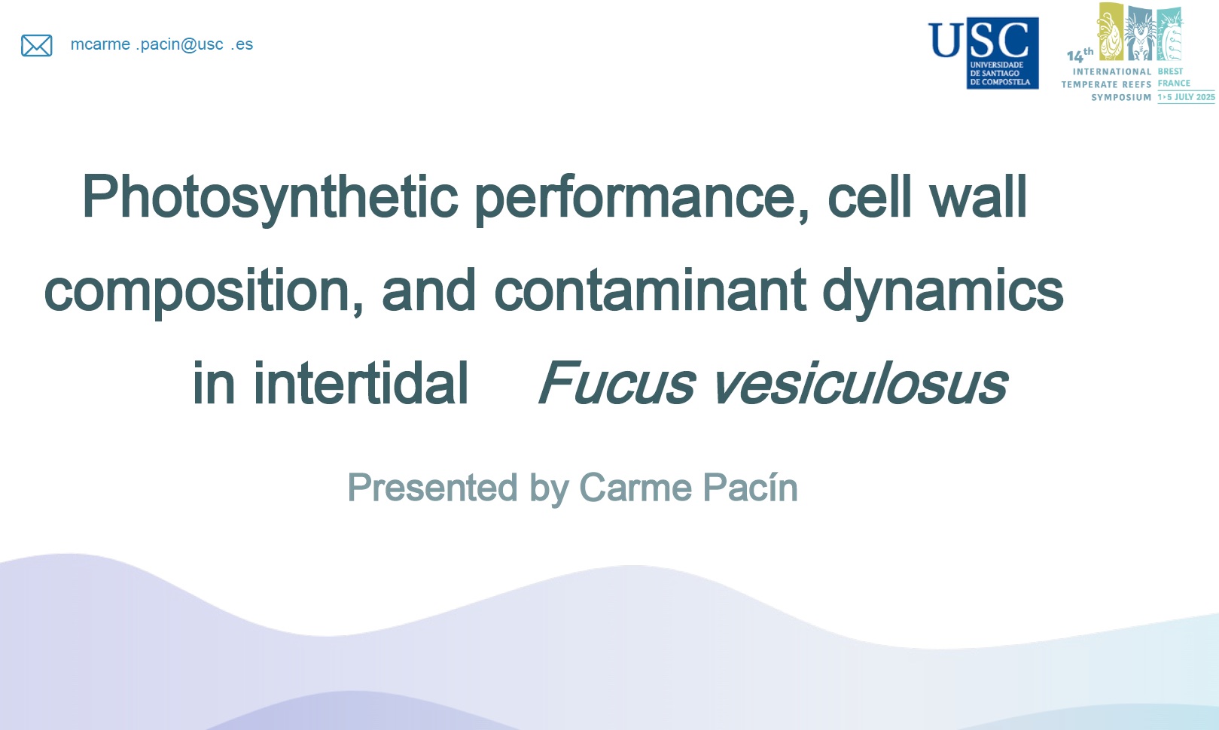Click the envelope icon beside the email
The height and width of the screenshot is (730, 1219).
coord(36,45)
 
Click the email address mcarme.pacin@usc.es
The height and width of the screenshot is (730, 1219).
coord(162,44)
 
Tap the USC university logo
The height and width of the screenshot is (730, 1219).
coord(983,53)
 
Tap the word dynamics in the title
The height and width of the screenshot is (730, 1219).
coord(943,291)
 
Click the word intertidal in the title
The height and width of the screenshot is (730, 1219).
coord(360,383)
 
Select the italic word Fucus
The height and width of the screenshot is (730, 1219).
coord(617,383)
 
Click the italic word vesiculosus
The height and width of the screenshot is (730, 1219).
coord(861,383)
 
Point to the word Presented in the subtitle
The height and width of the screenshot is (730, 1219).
coord(432,488)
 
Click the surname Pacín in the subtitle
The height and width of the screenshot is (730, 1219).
coord(750,488)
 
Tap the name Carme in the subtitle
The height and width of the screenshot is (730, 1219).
coord(635,488)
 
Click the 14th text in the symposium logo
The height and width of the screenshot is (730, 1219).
coord(1080,55)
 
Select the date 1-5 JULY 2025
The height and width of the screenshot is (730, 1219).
coord(1187,97)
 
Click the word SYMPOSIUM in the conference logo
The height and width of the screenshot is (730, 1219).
coord(1121,97)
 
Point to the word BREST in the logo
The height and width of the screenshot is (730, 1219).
coord(1171,71)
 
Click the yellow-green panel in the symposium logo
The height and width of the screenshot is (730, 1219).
coord(1111,31)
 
